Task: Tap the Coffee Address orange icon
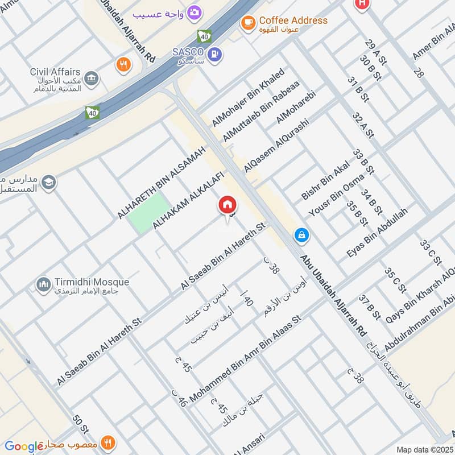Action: pyautogui.click(x=247, y=22)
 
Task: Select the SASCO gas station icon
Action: pyautogui.click(x=216, y=55)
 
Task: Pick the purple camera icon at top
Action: pyautogui.click(x=194, y=12)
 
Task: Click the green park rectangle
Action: pyautogui.click(x=148, y=213)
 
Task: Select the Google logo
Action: pyautogui.click(x=24, y=446)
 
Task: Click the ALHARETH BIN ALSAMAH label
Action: pyautogui.click(x=160, y=183)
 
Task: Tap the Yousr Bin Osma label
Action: pyautogui.click(x=336, y=195)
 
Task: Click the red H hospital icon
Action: pyautogui.click(x=361, y=3)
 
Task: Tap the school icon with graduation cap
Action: pyautogui.click(x=49, y=181)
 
